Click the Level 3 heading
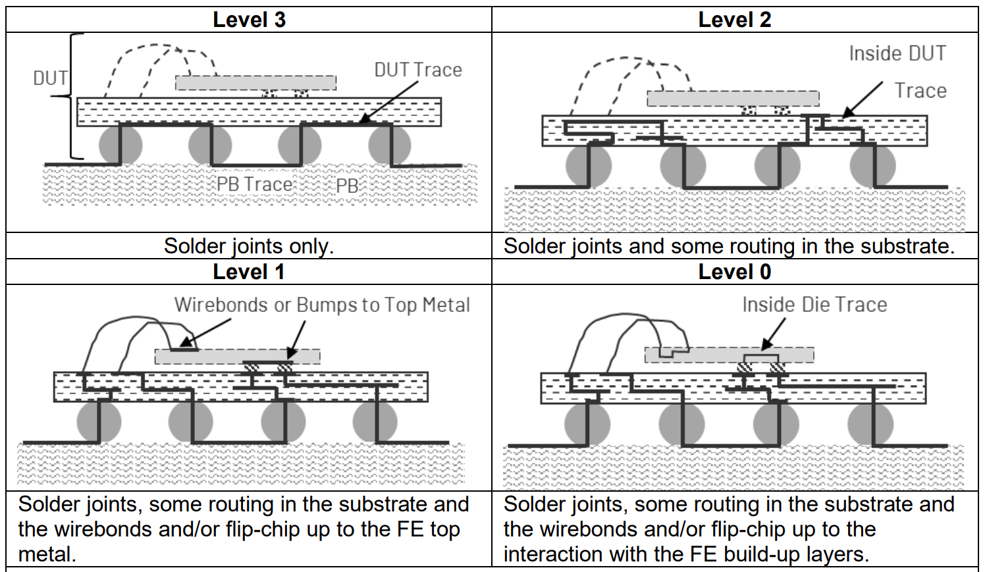(249, 20)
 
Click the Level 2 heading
(734, 20)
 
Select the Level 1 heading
(249, 272)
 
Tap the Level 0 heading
(734, 272)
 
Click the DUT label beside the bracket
(50, 78)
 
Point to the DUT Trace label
(418, 70)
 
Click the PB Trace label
(254, 184)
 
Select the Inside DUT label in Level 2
(897, 53)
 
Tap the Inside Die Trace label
(814, 305)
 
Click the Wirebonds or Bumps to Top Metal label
(322, 305)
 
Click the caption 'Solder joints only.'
(249, 246)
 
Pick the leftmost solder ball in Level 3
(121, 145)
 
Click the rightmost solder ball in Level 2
(873, 166)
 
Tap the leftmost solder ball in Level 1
(99, 422)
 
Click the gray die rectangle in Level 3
(255, 83)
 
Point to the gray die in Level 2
(733, 98)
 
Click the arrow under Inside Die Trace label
(774, 333)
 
